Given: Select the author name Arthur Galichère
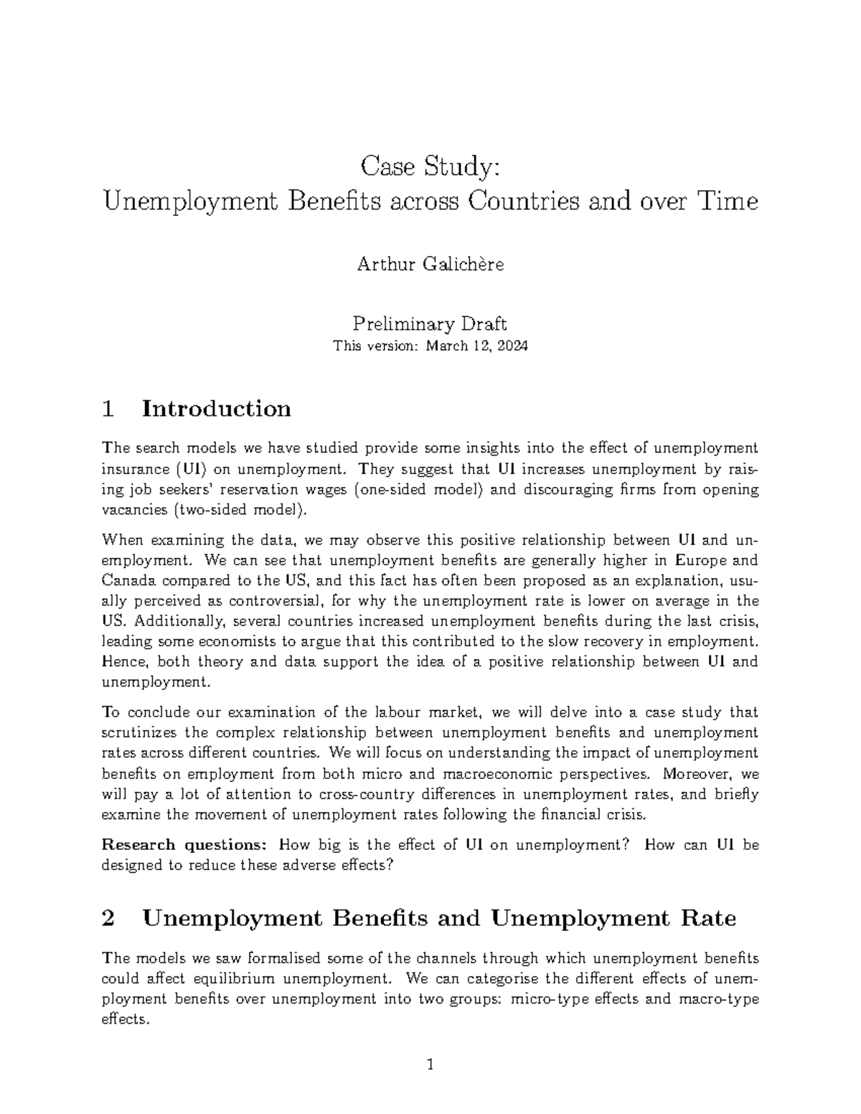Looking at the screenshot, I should [x=430, y=265].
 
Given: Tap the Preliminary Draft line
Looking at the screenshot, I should [x=430, y=324].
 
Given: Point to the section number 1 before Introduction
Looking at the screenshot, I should [x=108, y=409].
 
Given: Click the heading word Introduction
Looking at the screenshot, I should [x=217, y=409].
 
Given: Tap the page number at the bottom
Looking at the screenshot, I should [x=430, y=1065].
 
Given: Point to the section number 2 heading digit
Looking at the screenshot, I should [x=109, y=918].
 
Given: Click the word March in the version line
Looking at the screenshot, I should [x=447, y=346].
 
